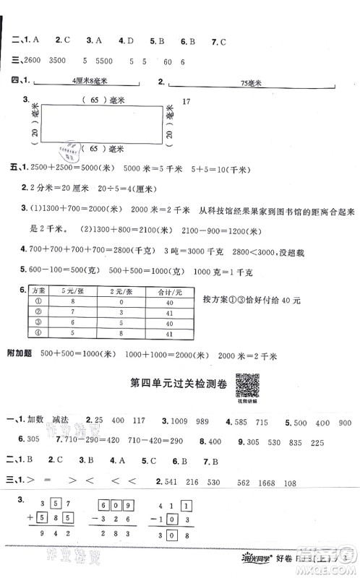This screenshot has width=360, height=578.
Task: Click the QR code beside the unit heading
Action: coord(248,382)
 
